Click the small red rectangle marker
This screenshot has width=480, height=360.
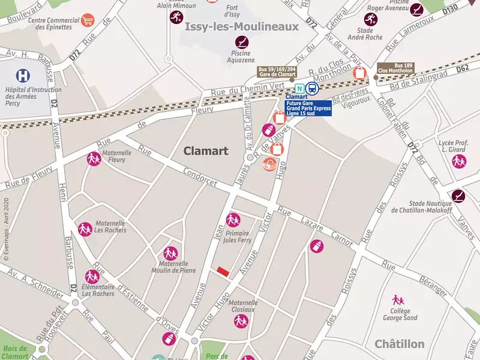223,272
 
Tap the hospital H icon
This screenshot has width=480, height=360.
24,76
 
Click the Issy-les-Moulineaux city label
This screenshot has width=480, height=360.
242,26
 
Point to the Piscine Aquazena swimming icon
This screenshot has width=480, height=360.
241,42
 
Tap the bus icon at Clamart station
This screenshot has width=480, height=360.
311,89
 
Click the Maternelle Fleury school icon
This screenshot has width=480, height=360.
93,159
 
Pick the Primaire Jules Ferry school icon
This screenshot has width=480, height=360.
233,220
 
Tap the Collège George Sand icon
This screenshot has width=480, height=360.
397,299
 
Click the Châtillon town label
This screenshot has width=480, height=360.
399,344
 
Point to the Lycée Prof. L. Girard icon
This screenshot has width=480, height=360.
459,161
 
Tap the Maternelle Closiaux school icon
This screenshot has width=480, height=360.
241,321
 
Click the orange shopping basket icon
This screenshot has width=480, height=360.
271,164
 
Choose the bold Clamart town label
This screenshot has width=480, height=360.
206,151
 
